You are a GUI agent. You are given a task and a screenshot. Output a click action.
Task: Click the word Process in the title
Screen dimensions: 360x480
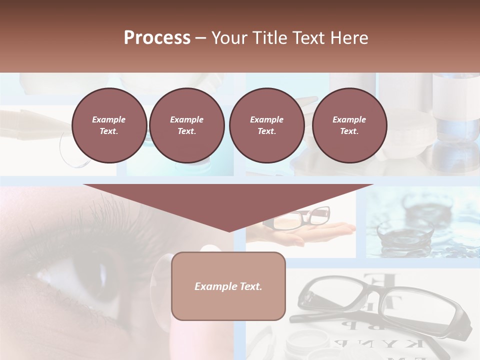[157, 38]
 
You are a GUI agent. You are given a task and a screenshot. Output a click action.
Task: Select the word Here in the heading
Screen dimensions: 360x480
[348, 38]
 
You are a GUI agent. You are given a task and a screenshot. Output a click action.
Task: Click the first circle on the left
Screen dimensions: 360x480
[109, 125]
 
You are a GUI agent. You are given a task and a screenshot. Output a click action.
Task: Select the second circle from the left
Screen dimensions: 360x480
[187, 125]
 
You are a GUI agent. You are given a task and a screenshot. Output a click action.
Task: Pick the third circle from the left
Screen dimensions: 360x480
[266, 125]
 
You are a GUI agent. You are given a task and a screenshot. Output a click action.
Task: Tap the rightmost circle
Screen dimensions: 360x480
[349, 125]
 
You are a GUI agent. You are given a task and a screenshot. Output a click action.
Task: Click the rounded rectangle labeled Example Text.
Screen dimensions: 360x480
[228, 286]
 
